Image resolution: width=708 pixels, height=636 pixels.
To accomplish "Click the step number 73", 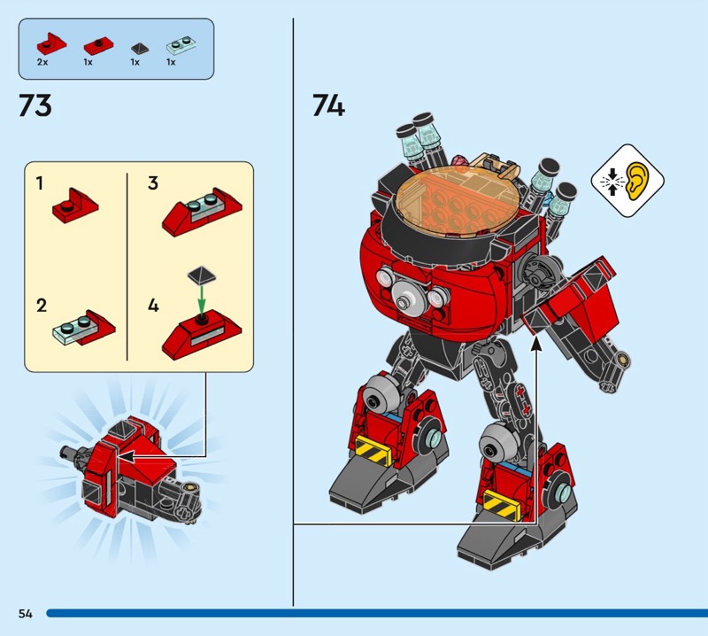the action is tap(35, 105).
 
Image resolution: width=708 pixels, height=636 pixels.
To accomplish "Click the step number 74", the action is tap(328, 105).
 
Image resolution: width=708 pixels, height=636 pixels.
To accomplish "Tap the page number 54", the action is tap(26, 613).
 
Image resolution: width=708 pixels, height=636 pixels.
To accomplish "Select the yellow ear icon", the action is tap(637, 181).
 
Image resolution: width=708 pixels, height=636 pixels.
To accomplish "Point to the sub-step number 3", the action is tap(153, 183).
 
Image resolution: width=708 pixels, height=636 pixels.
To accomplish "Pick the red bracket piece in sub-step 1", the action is tap(75, 206).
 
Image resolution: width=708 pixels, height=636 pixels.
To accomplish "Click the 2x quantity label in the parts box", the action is tap(42, 62).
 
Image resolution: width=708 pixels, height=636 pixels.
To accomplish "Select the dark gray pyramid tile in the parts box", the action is tap(139, 48).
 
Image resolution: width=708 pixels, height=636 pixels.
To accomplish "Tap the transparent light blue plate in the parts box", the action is tap(181, 45).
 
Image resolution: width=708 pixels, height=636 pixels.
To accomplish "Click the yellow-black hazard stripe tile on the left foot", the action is tap(373, 449).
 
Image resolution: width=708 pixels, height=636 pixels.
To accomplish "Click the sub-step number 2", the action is tap(41, 306).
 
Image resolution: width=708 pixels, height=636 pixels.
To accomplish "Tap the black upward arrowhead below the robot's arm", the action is tap(536, 344).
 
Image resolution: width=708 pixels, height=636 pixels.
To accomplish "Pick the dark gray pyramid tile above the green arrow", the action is tap(202, 275).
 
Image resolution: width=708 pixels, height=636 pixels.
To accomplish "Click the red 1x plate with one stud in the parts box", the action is tap(98, 47).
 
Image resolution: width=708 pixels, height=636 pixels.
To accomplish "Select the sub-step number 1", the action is tap(40, 183).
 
